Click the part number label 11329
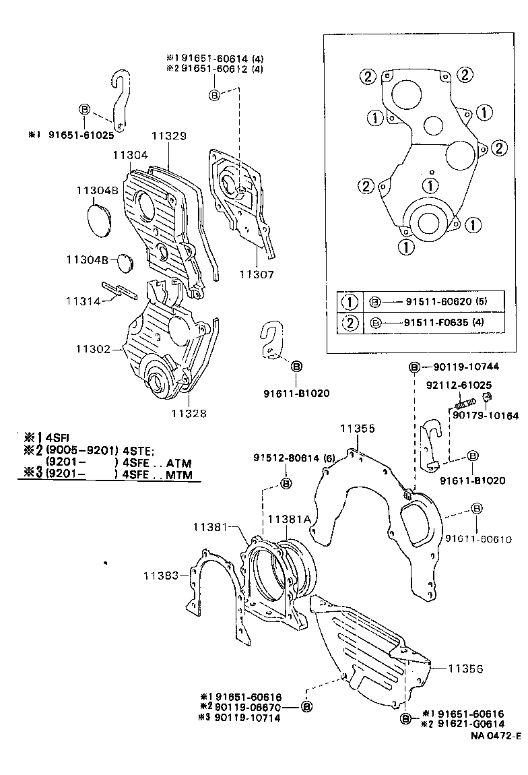pos(168,135)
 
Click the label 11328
pos(189,413)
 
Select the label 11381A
pos(289,520)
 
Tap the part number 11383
pos(161,575)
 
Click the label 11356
pos(466,669)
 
